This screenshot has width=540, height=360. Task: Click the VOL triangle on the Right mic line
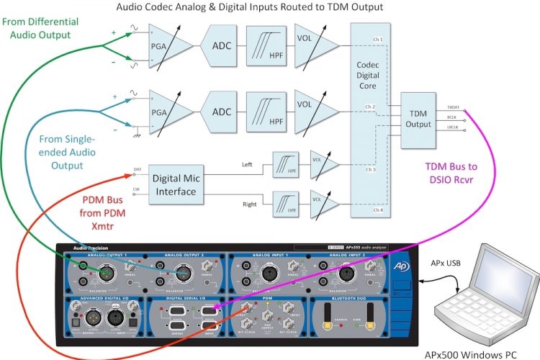click(x=322, y=204)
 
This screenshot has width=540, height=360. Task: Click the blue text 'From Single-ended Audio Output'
click(x=55, y=151)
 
